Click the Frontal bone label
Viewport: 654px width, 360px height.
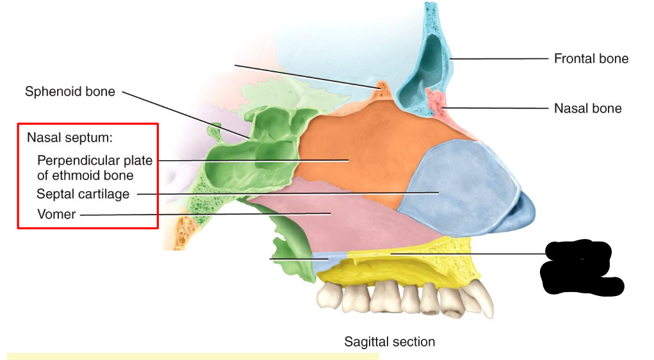pyautogui.click(x=591, y=59)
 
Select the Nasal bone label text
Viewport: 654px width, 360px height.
pyautogui.click(x=587, y=108)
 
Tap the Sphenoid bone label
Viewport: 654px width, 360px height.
pyautogui.click(x=70, y=92)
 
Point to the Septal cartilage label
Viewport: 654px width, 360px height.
pyautogui.click(x=83, y=193)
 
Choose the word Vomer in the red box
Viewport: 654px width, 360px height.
pyautogui.click(x=56, y=215)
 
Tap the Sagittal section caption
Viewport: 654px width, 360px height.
pyautogui.click(x=389, y=341)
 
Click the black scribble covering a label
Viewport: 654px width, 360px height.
pyautogui.click(x=580, y=268)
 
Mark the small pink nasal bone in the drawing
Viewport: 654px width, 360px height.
pyautogui.click(x=436, y=102)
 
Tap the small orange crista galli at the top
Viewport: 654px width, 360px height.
pyautogui.click(x=384, y=88)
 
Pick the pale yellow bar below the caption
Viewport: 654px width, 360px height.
pyautogui.click(x=192, y=356)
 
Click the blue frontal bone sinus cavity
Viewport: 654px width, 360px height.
pyautogui.click(x=423, y=70)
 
